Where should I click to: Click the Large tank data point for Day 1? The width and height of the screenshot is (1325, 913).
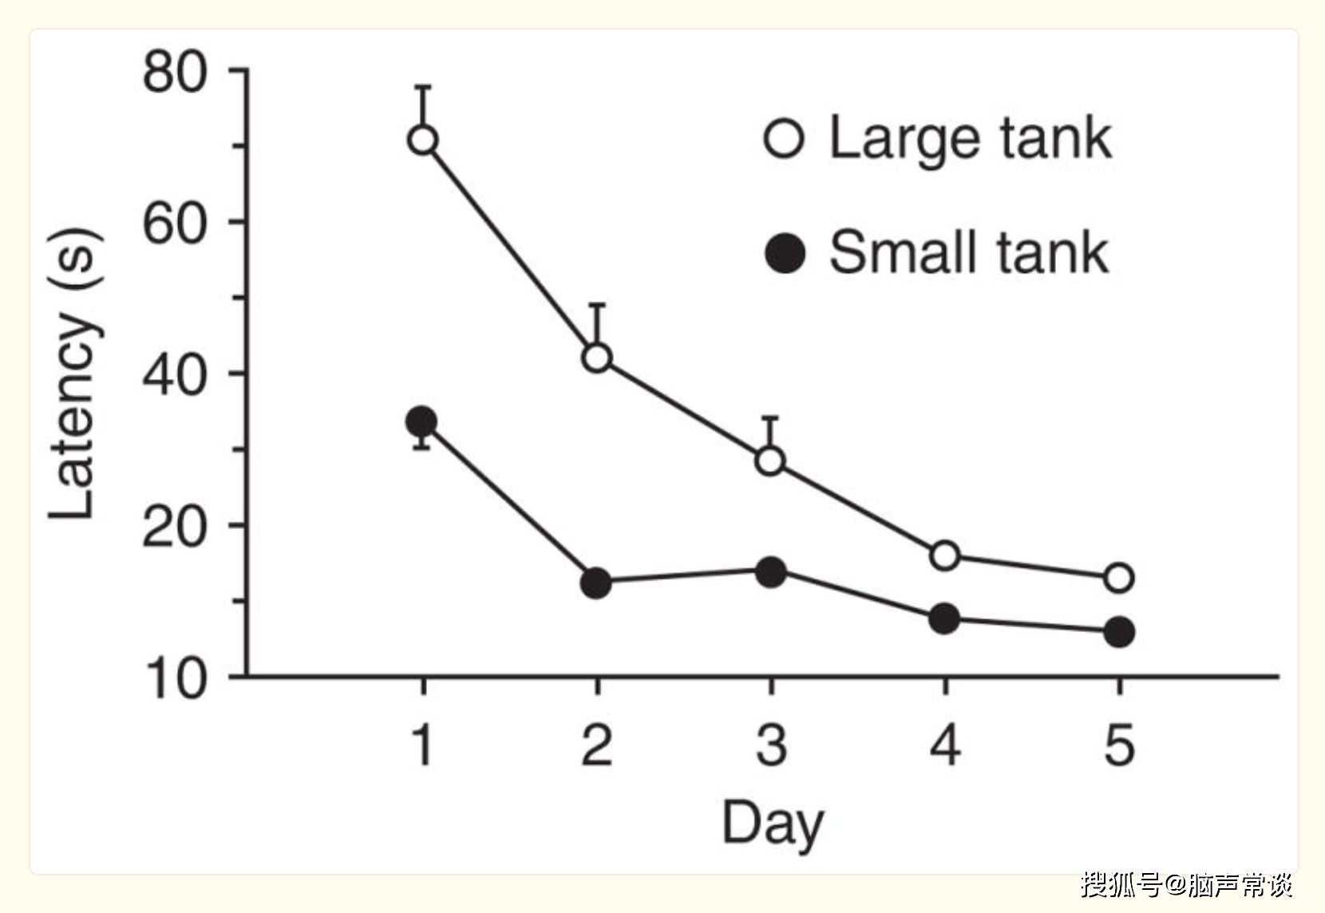point(423,140)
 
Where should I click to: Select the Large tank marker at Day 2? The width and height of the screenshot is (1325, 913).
point(597,357)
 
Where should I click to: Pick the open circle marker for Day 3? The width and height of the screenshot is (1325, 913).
point(770,460)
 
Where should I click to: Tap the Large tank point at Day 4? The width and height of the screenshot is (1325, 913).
point(944,555)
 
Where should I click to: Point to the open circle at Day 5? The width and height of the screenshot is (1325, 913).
point(1119,577)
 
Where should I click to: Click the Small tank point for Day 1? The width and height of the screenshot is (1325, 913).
point(421,421)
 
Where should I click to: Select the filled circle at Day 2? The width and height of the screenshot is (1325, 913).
point(595,583)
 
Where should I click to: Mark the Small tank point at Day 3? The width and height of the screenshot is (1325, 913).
point(770,571)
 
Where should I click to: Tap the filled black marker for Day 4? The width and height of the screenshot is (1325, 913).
point(944,619)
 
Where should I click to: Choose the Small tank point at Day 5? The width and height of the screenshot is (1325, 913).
point(1119,632)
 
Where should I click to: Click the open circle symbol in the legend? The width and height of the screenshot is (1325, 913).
point(784,138)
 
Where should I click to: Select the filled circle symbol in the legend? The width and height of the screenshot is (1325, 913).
point(785,254)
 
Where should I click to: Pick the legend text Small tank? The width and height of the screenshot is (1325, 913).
point(968,253)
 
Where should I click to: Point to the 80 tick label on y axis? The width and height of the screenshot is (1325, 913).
point(174,73)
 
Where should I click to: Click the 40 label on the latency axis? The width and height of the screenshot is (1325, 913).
point(174,375)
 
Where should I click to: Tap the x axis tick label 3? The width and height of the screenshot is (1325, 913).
point(771,746)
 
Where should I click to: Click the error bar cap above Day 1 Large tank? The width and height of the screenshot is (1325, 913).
point(423,86)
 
